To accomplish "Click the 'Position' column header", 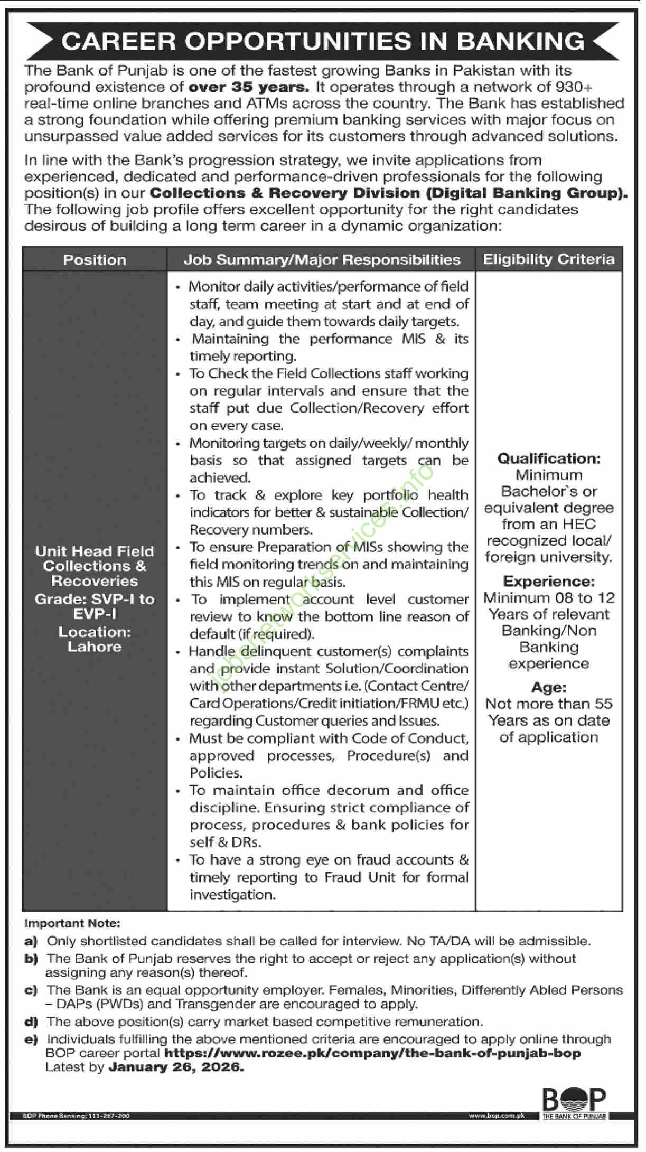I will [x=95, y=260].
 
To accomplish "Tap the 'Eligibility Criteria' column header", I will [x=549, y=259].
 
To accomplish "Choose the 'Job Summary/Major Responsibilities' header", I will [x=322, y=260].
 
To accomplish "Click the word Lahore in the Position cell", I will [x=95, y=647].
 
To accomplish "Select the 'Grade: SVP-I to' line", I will [x=95, y=599].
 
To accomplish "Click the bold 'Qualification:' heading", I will [x=549, y=458].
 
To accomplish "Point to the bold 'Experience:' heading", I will [x=549, y=581].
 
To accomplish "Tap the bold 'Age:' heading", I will [x=549, y=687].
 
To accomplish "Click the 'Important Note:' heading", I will [x=72, y=923].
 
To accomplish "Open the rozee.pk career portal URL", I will [x=372, y=1053].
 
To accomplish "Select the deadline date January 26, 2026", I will [x=176, y=1067].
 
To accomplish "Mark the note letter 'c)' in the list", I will [x=31, y=990].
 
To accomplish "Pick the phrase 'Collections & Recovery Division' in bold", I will [x=285, y=193].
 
